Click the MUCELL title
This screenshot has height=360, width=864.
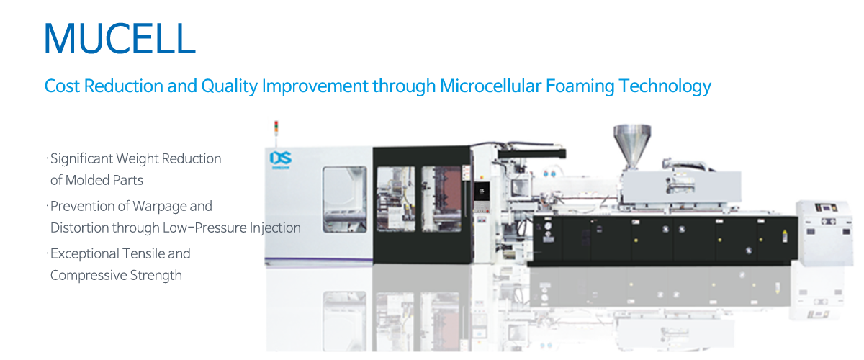click(120, 39)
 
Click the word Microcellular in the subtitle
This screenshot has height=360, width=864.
click(490, 86)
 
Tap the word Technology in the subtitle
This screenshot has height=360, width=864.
click(665, 86)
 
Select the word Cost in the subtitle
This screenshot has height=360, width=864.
click(62, 86)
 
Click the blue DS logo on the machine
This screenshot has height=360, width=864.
click(280, 158)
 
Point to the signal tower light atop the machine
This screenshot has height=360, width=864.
click(276, 128)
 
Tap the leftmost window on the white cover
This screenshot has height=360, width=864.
click(344, 199)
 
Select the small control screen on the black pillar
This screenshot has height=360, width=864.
click(482, 192)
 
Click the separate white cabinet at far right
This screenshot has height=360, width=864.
click(824, 233)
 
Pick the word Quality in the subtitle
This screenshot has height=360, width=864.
click(229, 86)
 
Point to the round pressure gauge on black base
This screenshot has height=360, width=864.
click(548, 227)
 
